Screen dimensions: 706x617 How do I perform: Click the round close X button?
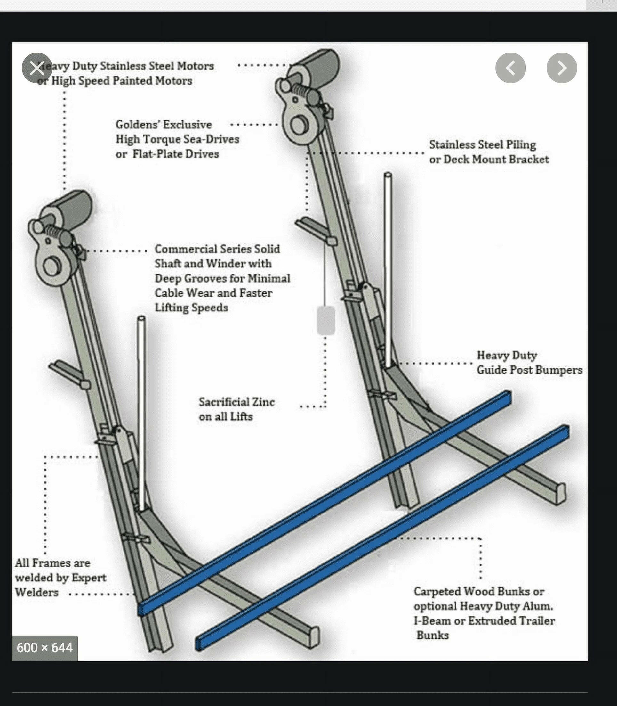click(37, 68)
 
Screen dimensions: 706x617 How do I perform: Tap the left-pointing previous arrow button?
click(510, 68)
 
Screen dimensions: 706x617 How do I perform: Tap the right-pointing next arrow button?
click(562, 68)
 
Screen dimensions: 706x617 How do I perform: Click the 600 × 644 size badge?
click(44, 648)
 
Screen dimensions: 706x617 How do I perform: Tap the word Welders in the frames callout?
click(36, 592)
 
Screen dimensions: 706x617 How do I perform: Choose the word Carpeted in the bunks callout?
click(437, 591)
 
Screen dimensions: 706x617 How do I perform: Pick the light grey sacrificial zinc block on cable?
click(326, 320)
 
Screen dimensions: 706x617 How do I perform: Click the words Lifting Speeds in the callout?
click(191, 307)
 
